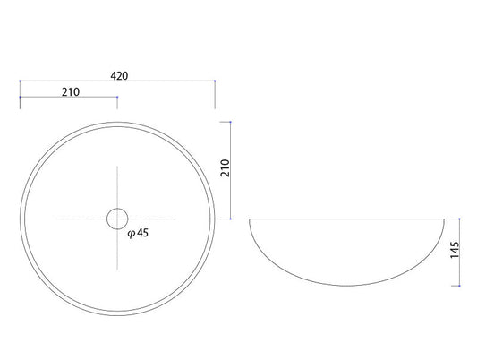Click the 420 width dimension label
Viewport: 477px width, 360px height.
click(x=119, y=76)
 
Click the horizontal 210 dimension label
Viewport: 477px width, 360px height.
click(x=71, y=92)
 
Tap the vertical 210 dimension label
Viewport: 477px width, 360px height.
click(x=226, y=168)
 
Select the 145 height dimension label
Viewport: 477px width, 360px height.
click(x=455, y=250)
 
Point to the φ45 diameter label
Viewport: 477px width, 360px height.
click(x=138, y=233)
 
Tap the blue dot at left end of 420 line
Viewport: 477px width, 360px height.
click(x=20, y=81)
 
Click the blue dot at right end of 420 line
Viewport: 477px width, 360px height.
click(x=215, y=81)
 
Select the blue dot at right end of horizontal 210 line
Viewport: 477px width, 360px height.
click(x=117, y=97)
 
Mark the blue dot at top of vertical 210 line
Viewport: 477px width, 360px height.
click(x=230, y=122)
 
